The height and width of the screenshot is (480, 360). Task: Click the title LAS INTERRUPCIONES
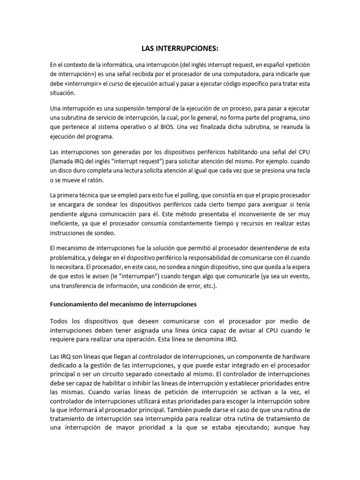(180, 49)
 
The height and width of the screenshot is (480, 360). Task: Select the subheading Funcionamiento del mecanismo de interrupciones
(123, 304)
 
